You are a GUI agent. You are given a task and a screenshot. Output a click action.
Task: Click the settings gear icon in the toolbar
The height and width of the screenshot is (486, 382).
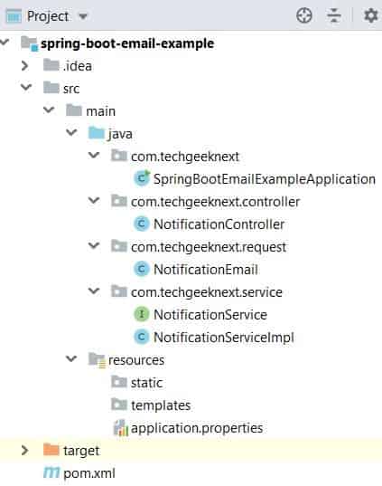[x=370, y=15]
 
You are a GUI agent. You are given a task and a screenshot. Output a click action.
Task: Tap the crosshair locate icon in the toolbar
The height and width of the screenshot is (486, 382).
[x=304, y=15]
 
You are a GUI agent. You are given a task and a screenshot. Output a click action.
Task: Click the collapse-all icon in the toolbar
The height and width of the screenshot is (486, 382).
[x=334, y=15]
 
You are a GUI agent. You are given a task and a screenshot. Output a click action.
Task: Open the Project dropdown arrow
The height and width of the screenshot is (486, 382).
[x=83, y=16]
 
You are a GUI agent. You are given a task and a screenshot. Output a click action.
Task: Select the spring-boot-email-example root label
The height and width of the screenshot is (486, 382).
[x=127, y=43]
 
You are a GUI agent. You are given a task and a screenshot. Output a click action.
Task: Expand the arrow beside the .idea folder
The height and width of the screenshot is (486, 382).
[x=24, y=66]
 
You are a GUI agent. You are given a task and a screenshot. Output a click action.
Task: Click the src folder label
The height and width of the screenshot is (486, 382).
[x=71, y=89]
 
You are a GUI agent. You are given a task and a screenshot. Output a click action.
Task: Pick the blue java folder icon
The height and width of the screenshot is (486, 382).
[x=97, y=133]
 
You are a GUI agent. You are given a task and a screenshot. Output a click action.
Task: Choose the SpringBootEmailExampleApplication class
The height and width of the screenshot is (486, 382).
[x=265, y=179]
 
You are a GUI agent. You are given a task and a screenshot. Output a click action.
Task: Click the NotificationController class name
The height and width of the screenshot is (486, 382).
[x=219, y=224]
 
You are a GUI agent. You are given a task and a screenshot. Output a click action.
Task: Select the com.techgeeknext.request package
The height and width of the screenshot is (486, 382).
[x=209, y=247]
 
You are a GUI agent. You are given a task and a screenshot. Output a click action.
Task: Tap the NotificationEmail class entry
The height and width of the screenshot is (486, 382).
[x=206, y=270]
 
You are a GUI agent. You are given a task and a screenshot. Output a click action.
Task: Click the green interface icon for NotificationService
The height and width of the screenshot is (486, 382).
[x=142, y=314]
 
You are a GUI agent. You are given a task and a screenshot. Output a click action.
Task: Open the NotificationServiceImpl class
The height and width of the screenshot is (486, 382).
[x=224, y=338]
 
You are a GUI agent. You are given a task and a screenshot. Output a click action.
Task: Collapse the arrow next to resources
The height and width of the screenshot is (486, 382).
[x=71, y=359]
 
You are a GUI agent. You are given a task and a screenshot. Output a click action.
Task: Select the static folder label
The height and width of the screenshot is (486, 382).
[x=146, y=383]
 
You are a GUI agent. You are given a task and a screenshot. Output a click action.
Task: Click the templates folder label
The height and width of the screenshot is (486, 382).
[x=161, y=405]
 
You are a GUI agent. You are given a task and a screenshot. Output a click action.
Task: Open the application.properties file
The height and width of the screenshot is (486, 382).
[x=197, y=428]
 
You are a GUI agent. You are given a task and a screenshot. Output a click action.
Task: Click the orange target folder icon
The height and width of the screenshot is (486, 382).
[x=51, y=450]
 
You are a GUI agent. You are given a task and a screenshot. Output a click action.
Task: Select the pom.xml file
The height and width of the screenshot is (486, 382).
[x=89, y=473]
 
